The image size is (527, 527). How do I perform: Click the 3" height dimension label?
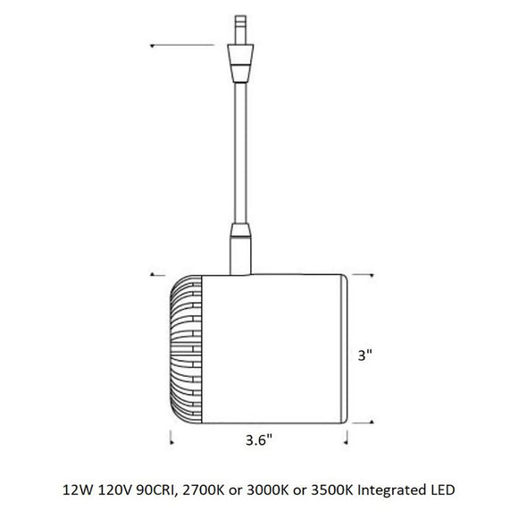point(365,355)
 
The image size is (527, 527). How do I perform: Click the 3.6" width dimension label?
point(258,439)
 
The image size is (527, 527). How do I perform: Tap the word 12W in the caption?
point(78,489)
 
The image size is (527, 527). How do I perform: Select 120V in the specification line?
point(115,489)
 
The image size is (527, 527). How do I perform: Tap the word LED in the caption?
point(443,489)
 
